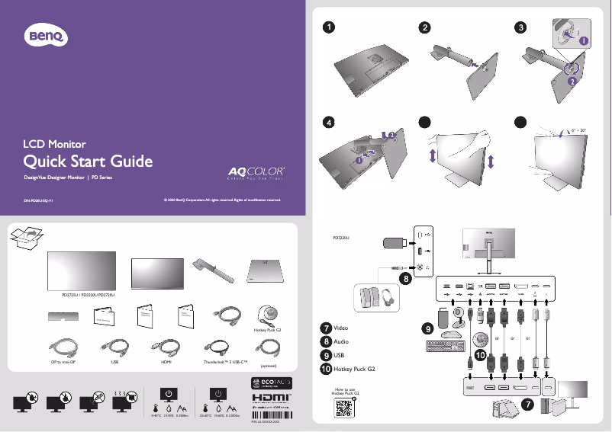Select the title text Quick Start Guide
(89, 162)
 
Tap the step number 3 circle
(520, 27)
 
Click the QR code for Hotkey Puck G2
(345, 407)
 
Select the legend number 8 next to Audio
(327, 341)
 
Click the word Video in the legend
(342, 328)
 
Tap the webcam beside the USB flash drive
(461, 315)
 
